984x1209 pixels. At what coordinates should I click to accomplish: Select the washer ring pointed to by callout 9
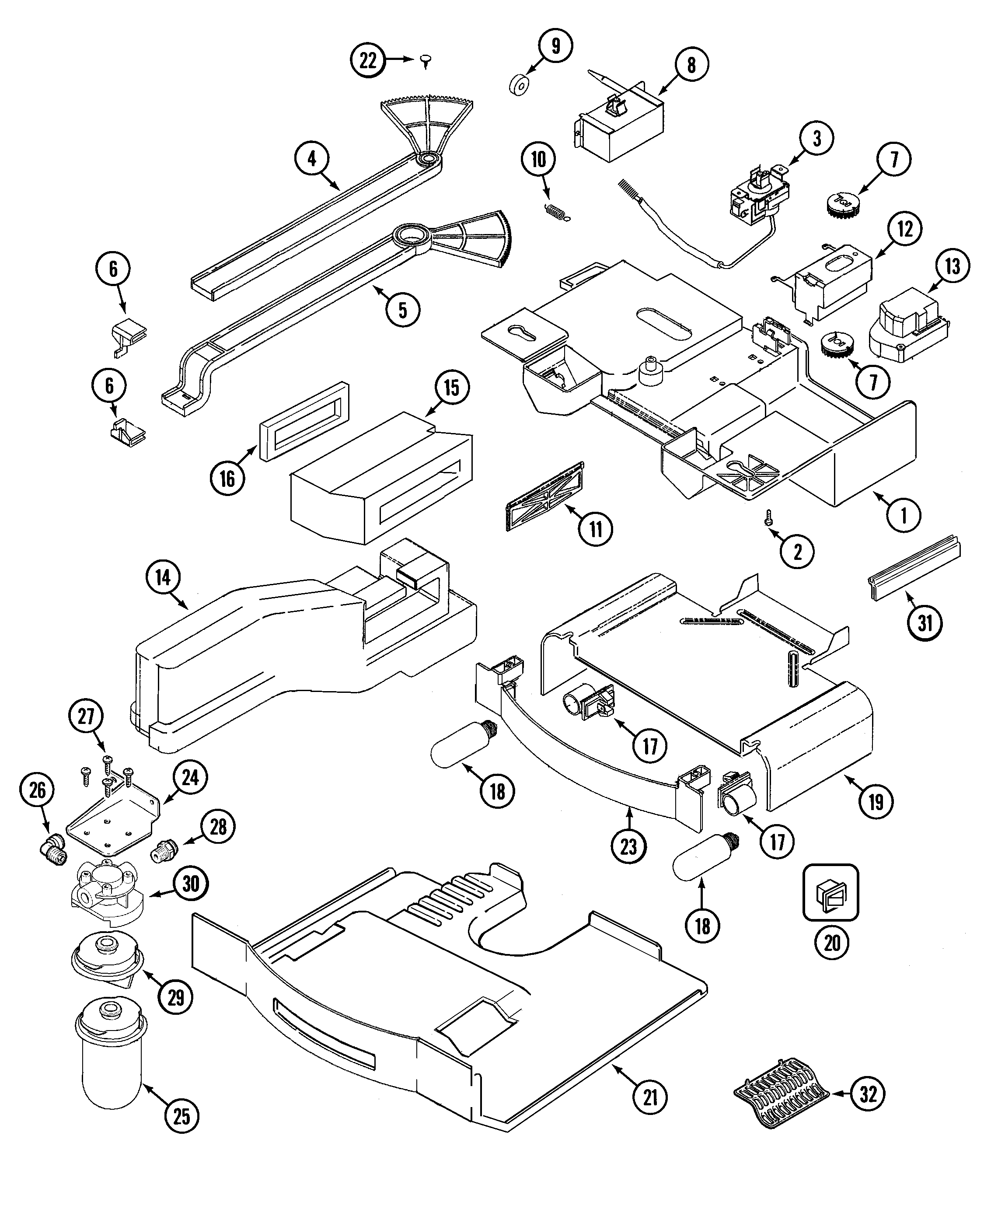tap(517, 86)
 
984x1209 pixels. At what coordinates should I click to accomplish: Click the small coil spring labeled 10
tap(557, 211)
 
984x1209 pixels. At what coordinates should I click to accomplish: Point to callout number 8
tap(691, 65)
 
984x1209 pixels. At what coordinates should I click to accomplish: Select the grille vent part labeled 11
tap(545, 496)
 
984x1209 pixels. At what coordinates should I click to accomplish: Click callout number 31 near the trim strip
tap(925, 623)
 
